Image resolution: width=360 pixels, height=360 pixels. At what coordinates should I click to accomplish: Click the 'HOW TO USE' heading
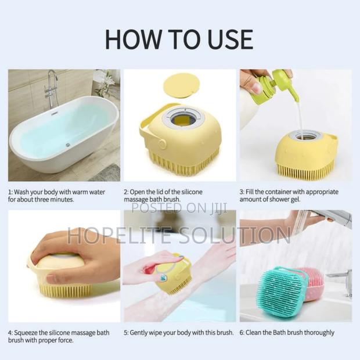coord(179,39)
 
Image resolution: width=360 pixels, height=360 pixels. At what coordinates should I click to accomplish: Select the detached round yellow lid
coord(182,85)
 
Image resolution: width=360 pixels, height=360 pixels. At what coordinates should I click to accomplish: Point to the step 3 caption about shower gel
coord(295,195)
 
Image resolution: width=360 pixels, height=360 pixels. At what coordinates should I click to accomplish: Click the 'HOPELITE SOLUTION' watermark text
coord(179,235)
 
